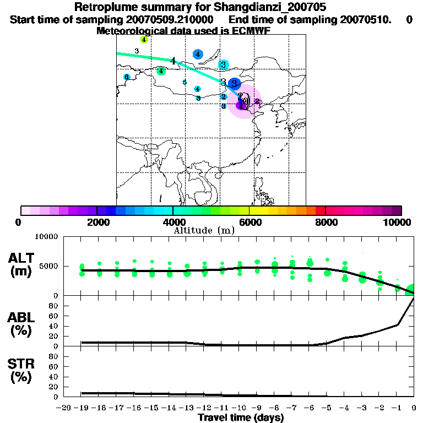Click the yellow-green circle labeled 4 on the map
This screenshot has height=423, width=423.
144,40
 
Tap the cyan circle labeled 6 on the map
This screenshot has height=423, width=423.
127,77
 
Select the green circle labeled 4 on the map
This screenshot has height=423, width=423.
161,71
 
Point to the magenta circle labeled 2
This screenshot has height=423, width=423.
257,101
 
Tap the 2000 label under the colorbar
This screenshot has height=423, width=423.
97,223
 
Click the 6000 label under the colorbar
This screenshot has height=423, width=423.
249,223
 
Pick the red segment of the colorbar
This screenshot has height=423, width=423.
320,210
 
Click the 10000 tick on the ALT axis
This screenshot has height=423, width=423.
47,237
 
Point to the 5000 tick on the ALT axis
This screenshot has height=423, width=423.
50,267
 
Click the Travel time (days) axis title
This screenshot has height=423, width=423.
241,417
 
